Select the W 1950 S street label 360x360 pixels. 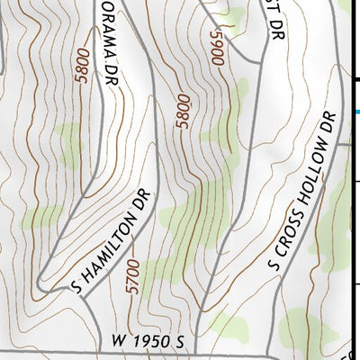tap(148, 343)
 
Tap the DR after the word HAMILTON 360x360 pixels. tap(144, 201)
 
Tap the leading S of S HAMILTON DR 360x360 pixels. tap(76, 286)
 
